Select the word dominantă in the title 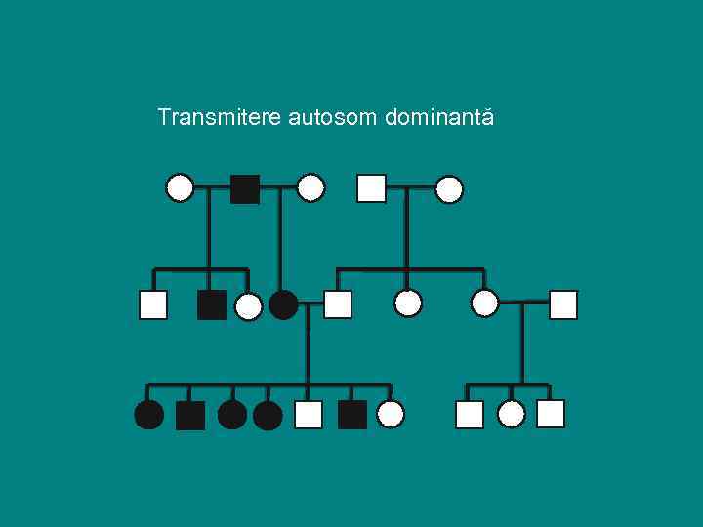click(439, 118)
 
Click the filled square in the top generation click(244, 188)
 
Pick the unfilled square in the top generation click(371, 187)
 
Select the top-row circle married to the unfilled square click(449, 189)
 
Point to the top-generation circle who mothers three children click(180, 187)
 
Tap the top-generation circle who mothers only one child click(310, 187)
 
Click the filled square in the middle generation click(211, 305)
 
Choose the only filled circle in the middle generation click(283, 305)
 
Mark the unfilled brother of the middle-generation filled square click(153, 305)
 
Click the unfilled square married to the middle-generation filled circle click(337, 304)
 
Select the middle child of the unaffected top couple click(408, 304)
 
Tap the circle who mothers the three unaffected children click(484, 304)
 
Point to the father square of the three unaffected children click(563, 304)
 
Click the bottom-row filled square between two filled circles click(190, 416)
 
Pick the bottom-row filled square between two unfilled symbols click(351, 415)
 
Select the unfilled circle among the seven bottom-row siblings click(391, 415)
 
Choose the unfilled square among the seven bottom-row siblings click(309, 415)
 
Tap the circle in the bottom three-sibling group click(512, 415)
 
